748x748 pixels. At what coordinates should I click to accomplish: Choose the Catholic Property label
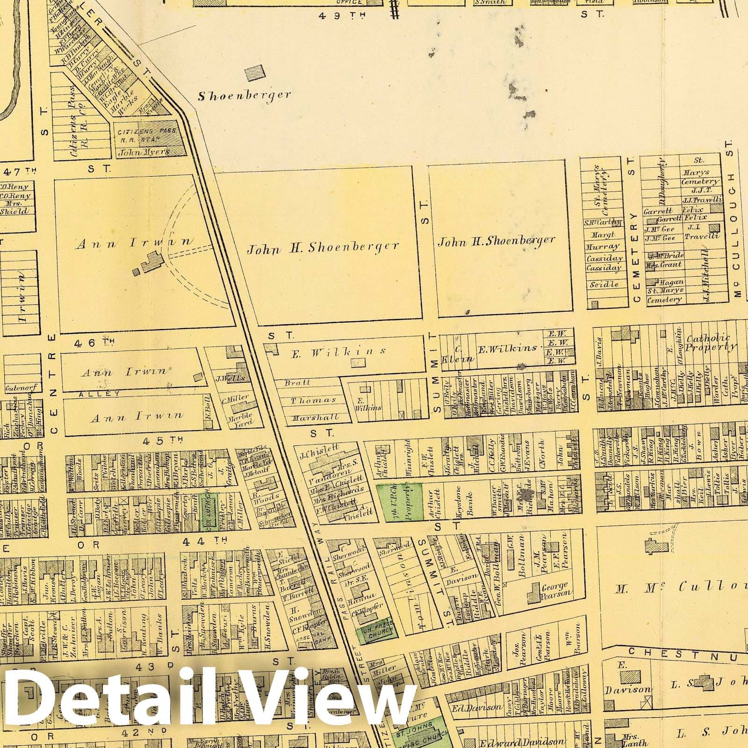click(x=711, y=342)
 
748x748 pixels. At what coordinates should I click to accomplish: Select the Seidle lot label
click(x=604, y=284)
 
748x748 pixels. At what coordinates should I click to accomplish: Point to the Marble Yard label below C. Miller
click(x=241, y=418)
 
